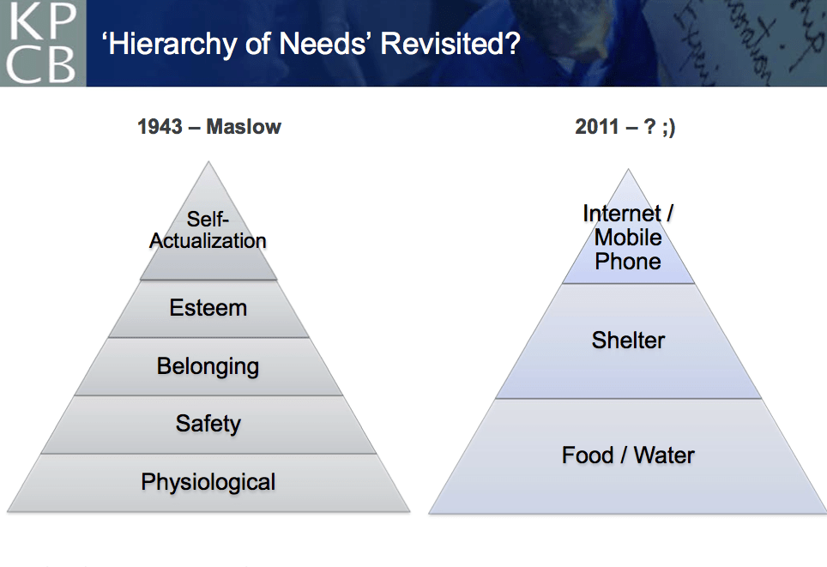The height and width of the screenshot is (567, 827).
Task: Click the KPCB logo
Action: coord(43,43)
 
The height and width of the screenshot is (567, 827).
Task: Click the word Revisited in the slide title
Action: coord(450,43)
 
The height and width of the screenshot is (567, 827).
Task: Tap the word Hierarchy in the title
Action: coord(172,45)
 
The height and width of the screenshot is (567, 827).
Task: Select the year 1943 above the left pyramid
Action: coord(160,127)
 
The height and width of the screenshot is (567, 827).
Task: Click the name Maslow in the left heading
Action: coord(244,127)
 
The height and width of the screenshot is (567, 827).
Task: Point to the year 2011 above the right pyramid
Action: coord(597,127)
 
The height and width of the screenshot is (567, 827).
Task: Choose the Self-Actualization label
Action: coord(208,230)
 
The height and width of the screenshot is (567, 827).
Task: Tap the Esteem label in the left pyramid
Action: coord(208,307)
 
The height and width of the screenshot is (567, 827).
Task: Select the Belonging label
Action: coord(208,366)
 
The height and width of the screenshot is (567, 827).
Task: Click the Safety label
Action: coord(208,424)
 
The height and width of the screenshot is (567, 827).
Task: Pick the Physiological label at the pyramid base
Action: coord(208,482)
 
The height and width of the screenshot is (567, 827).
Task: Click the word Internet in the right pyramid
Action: coord(622,213)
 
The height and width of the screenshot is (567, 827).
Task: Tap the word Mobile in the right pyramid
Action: coord(628,238)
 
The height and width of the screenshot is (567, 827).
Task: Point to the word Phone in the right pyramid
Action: coord(628,262)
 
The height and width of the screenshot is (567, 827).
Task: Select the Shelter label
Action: coord(628,341)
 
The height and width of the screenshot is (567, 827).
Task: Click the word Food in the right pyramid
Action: coord(588,455)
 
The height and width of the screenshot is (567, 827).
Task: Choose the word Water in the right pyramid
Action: coord(664,455)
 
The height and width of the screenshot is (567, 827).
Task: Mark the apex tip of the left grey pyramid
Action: coord(208,162)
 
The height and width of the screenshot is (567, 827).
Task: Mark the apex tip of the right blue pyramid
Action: coord(628,169)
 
